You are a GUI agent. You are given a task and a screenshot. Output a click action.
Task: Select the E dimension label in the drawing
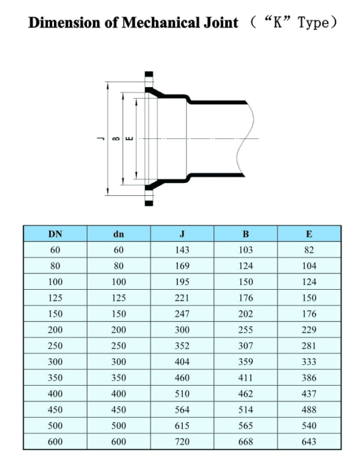pos(130,139)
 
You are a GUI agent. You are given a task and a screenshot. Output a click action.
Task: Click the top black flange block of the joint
pos(149,75)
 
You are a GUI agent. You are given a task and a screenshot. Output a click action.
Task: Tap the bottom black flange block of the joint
pos(149,201)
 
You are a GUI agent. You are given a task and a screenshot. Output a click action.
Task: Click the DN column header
pos(55,235)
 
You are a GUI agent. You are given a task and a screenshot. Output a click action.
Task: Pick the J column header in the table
pos(182,235)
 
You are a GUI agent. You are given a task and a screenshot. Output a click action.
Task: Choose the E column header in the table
pos(309,235)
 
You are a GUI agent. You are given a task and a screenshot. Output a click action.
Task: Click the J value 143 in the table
pos(182,251)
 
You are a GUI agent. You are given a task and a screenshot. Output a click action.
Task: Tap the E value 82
pos(309,251)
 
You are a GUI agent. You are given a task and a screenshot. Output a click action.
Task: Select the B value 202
pos(245,314)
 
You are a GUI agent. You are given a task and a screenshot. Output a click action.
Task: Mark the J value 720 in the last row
pos(182,442)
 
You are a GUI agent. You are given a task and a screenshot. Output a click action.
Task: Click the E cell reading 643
pos(309,442)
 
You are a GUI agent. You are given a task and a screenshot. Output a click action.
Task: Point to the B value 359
pos(245,362)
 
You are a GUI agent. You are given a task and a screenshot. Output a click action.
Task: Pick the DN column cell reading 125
pos(55,299)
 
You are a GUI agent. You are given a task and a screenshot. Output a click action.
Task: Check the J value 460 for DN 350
pos(182,378)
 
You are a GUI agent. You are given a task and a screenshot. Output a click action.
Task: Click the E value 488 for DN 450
pos(309,410)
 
